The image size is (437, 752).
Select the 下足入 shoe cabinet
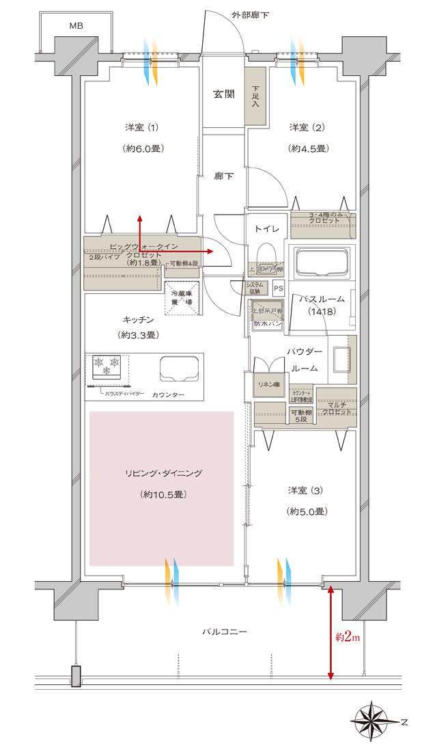click(x=255, y=96)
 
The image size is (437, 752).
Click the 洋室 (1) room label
click(x=142, y=128)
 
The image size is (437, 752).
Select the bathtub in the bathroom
click(x=322, y=261)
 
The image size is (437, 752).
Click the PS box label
click(x=278, y=288)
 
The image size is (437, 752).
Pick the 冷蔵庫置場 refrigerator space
click(x=181, y=298)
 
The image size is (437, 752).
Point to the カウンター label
click(x=169, y=395)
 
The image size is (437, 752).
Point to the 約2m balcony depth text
click(x=348, y=638)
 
